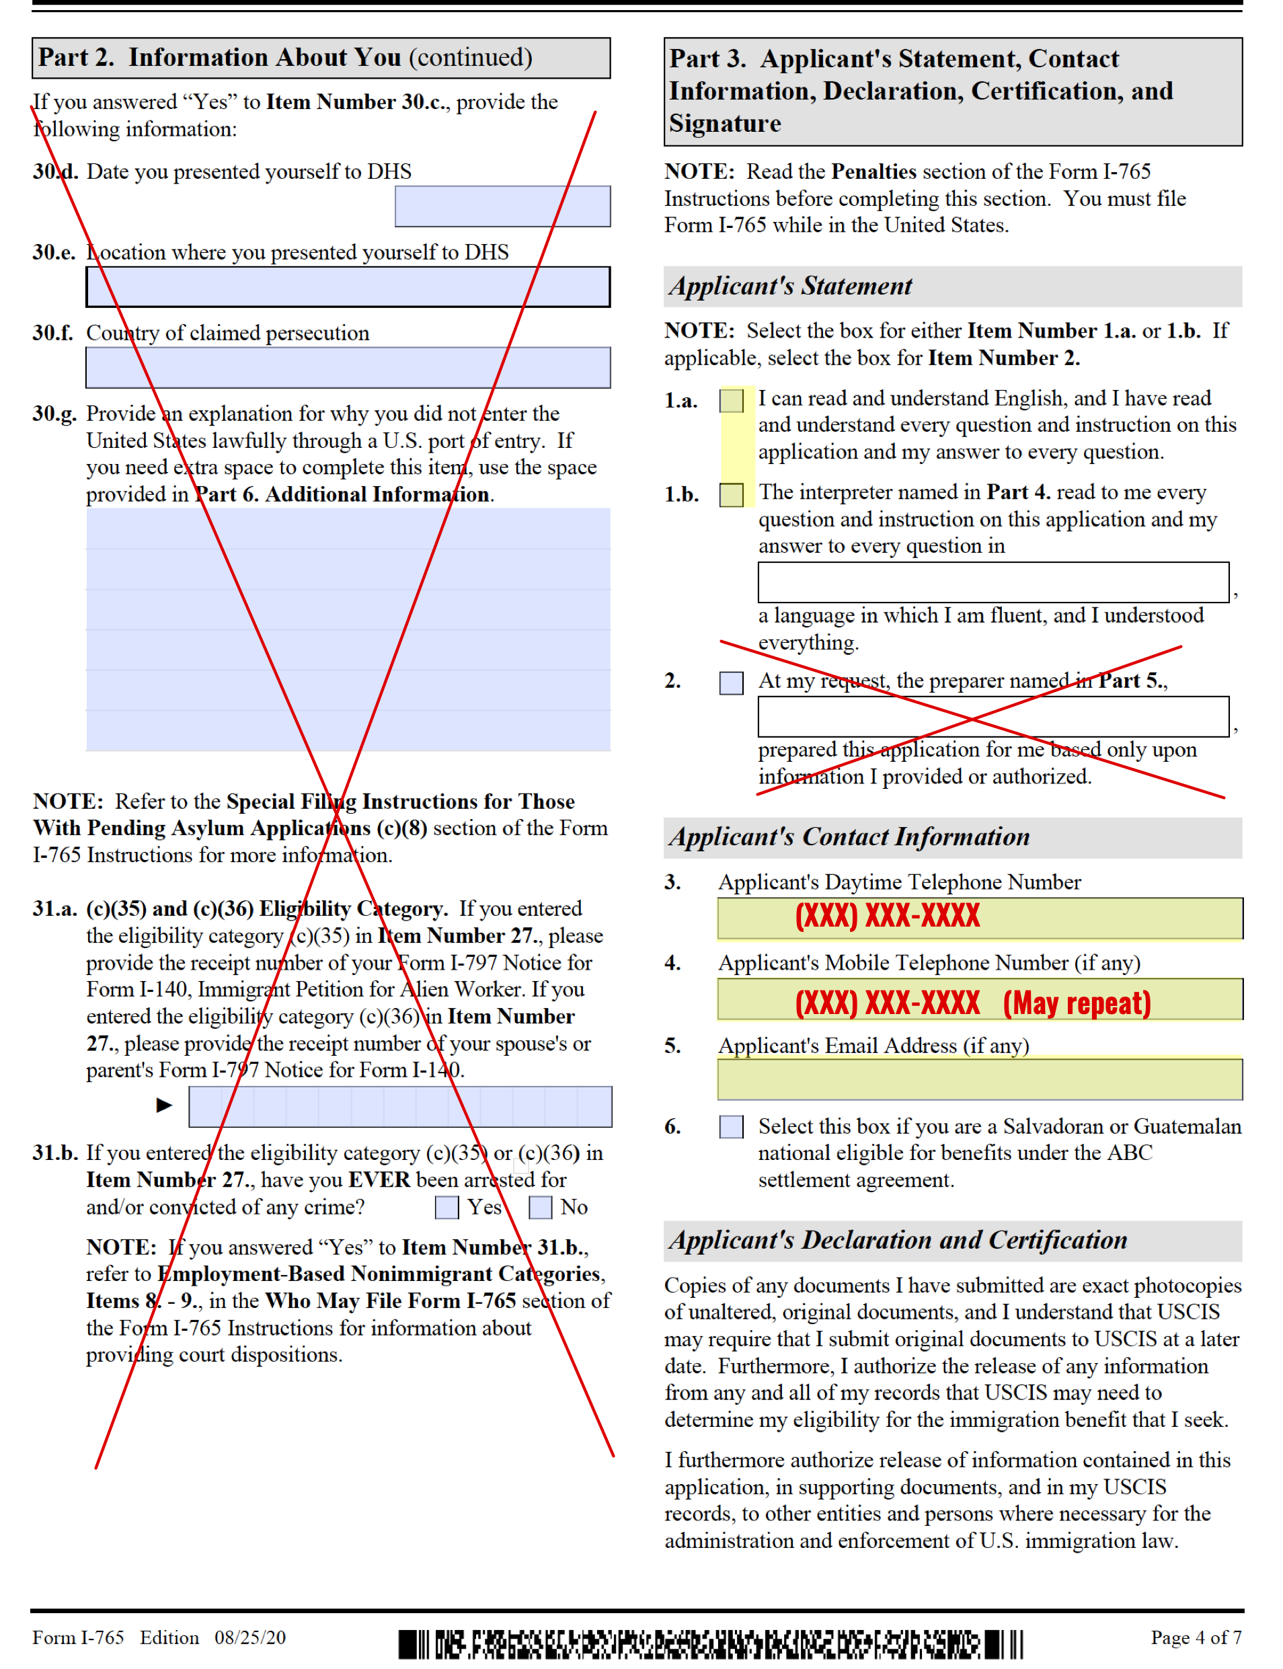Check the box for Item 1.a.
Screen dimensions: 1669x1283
731,401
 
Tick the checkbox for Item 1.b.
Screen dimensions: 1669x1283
731,495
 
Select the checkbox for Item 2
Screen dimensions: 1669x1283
731,683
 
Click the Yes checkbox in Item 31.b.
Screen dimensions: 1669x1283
446,1207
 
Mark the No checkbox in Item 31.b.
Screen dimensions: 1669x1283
540,1207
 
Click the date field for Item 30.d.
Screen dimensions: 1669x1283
502,206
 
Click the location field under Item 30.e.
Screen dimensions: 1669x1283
348,287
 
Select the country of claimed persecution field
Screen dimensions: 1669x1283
348,367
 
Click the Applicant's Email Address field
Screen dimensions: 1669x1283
979,1079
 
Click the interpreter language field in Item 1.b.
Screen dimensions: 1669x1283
993,582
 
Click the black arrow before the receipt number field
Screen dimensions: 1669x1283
164,1105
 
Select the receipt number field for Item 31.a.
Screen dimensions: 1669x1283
399,1106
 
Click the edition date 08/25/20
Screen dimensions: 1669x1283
249,1637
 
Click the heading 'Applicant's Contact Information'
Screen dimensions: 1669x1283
849,837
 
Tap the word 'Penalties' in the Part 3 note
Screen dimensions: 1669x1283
873,171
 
